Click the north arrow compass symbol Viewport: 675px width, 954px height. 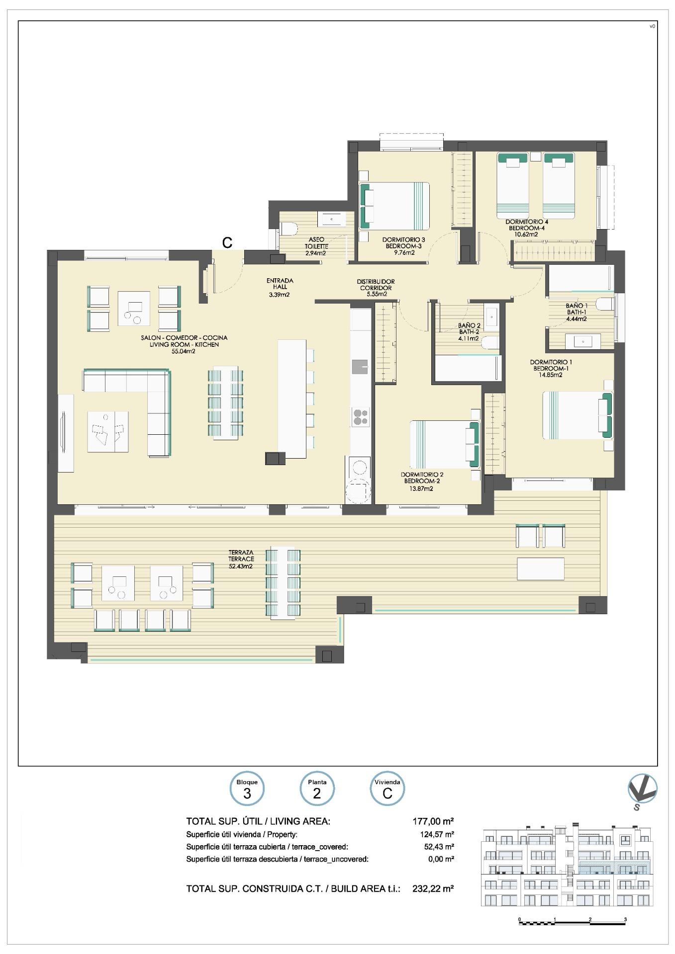(642, 790)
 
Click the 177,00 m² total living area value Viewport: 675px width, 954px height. (433, 821)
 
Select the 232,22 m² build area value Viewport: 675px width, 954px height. (433, 888)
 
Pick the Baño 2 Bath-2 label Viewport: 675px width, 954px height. (469, 332)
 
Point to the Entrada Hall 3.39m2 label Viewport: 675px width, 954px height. (280, 287)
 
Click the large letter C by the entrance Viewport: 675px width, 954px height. (227, 242)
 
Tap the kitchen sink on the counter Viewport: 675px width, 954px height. (360, 367)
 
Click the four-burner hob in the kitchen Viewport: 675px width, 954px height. (361, 416)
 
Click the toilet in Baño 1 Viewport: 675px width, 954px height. (605, 303)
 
